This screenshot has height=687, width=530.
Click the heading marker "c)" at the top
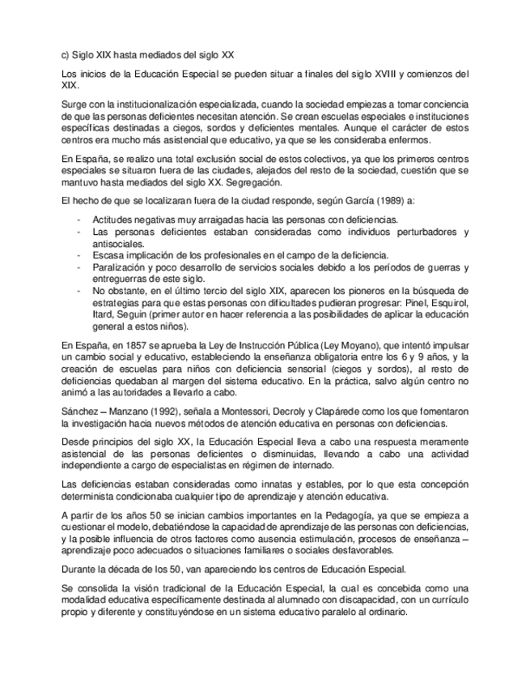click(x=66, y=54)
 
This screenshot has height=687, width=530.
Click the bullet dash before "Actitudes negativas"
click(x=78, y=220)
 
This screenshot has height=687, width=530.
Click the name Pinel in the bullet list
click(x=401, y=302)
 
